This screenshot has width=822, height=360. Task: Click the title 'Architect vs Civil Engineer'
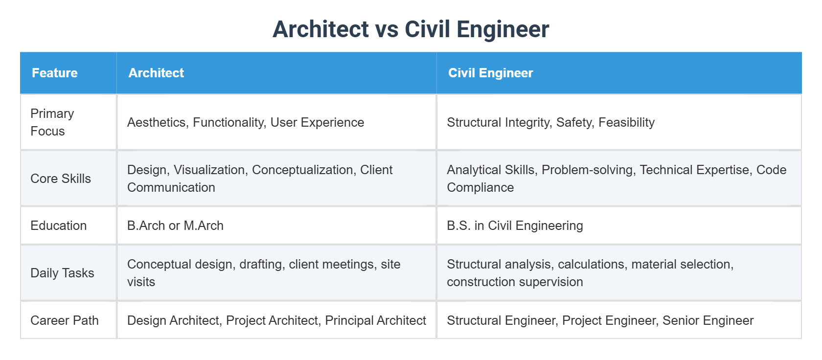pos(411,29)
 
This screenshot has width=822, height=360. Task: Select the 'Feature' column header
pos(55,73)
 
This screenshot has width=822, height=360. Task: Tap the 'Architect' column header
pos(156,73)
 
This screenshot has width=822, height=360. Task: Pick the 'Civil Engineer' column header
pos(490,73)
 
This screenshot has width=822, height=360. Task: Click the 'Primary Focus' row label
pos(52,122)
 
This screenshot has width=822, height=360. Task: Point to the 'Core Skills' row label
pos(61,179)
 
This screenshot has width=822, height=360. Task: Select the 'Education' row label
pos(59,225)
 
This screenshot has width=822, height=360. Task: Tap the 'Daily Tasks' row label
pos(62,273)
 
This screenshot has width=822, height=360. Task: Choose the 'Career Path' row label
pos(65,320)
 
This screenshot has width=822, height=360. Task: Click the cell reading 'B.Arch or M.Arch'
pos(175,225)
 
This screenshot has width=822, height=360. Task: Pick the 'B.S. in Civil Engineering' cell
pos(515,225)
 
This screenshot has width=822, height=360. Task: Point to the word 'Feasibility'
pos(626,122)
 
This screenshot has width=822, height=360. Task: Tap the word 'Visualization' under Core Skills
pos(210,170)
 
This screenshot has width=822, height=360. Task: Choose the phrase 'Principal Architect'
pos(375,320)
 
